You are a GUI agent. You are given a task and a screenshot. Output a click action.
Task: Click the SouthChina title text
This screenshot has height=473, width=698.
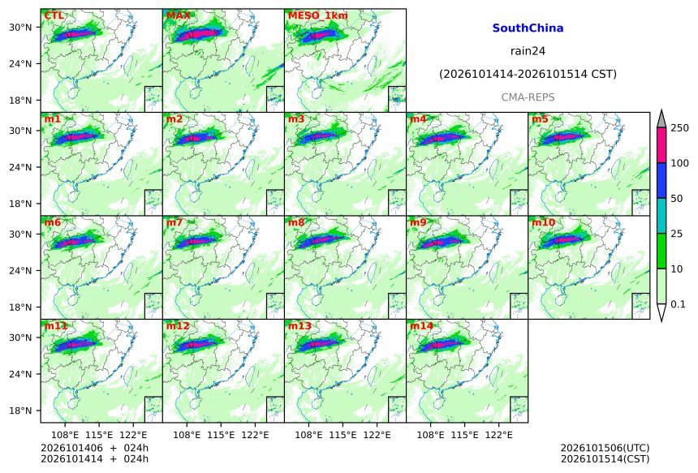528,28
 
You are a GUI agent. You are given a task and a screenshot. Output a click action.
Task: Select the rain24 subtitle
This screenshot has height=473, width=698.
528,51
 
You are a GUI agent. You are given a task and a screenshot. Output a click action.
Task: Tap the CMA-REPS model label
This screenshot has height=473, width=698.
528,97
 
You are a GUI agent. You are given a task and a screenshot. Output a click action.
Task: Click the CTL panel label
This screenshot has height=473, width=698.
54,15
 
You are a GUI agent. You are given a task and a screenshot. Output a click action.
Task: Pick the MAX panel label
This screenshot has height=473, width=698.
178,15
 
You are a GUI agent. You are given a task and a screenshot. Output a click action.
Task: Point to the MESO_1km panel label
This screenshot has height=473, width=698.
318,15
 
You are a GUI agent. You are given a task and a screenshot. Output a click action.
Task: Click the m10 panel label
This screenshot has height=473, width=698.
543,222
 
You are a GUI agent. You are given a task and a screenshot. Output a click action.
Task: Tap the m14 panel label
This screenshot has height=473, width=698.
421,326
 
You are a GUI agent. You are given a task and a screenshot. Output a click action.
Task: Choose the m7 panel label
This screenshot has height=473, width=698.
174,222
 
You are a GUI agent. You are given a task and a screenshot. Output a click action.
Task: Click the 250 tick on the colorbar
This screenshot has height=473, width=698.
679,128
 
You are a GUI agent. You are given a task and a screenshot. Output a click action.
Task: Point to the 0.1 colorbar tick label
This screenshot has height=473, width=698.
678,304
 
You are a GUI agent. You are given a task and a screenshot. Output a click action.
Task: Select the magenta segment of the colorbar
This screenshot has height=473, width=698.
661,145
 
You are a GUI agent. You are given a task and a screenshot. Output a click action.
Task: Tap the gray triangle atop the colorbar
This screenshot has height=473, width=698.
661,118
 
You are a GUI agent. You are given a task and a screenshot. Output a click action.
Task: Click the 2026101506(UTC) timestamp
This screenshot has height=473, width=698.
605,448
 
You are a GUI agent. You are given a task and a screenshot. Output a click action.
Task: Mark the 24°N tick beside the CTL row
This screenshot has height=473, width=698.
20,63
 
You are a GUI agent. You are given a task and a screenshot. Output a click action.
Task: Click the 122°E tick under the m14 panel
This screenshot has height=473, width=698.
498,435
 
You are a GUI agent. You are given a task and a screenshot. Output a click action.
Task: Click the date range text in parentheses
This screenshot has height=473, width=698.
528,74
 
